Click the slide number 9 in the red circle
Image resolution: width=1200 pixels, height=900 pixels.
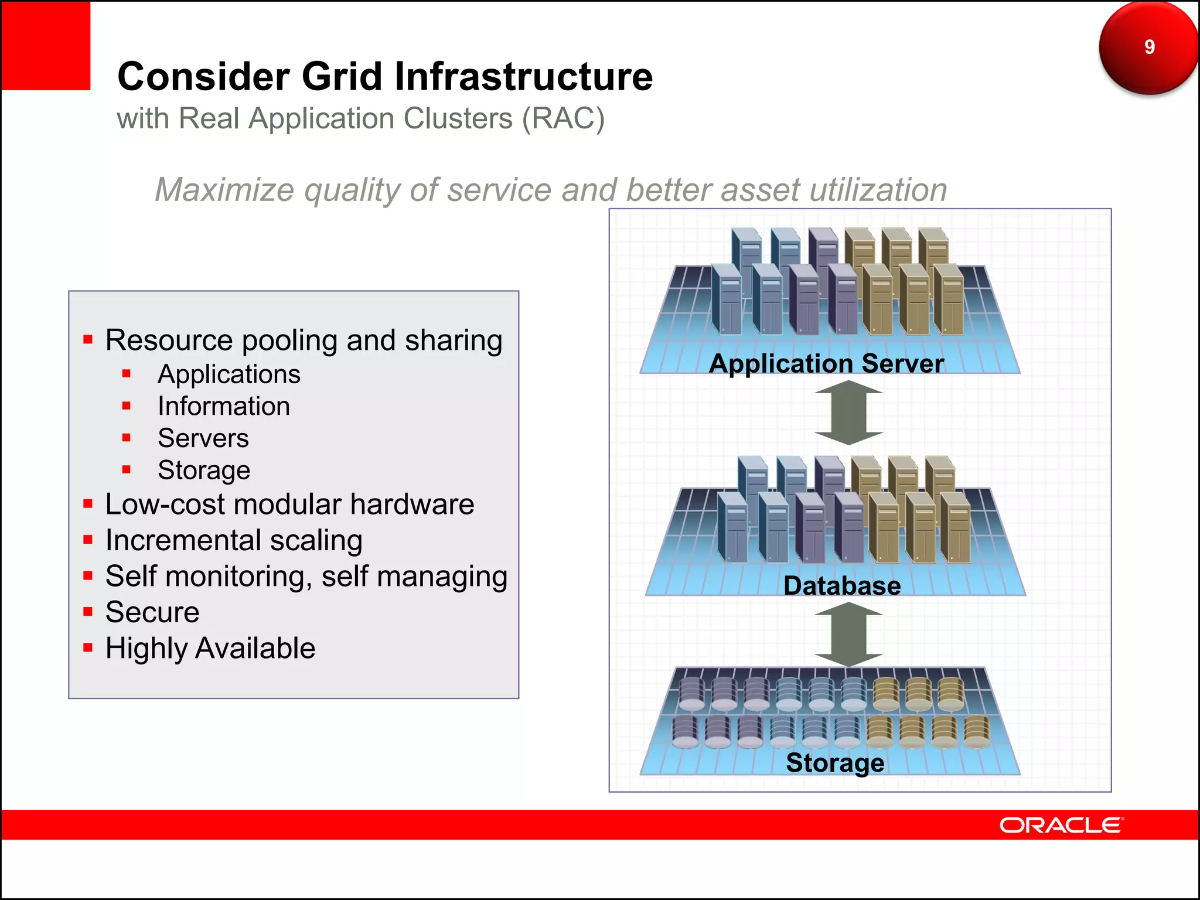[1149, 47]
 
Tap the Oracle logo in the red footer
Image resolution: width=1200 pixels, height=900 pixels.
[1061, 825]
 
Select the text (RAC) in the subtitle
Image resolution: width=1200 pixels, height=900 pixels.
[563, 119]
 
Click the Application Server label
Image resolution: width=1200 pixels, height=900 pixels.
[826, 363]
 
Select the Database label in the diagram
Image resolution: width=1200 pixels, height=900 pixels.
[842, 585]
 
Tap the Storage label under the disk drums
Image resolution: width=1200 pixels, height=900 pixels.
[835, 762]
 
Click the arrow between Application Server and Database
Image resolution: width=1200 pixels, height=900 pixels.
[848, 412]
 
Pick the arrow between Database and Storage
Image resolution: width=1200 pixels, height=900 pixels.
[848, 635]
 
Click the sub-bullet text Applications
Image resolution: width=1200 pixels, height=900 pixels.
[229, 374]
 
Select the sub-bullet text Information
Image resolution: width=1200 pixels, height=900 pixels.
[224, 407]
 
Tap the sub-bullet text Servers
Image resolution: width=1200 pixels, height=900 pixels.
[203, 438]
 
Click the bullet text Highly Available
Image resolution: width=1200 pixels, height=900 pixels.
[210, 649]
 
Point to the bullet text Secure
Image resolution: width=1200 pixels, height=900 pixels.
[152, 612]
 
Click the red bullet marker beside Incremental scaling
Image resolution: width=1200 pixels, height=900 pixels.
[88, 540]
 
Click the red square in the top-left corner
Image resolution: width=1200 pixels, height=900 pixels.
[46, 45]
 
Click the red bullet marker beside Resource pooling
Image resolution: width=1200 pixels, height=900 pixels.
[88, 339]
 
